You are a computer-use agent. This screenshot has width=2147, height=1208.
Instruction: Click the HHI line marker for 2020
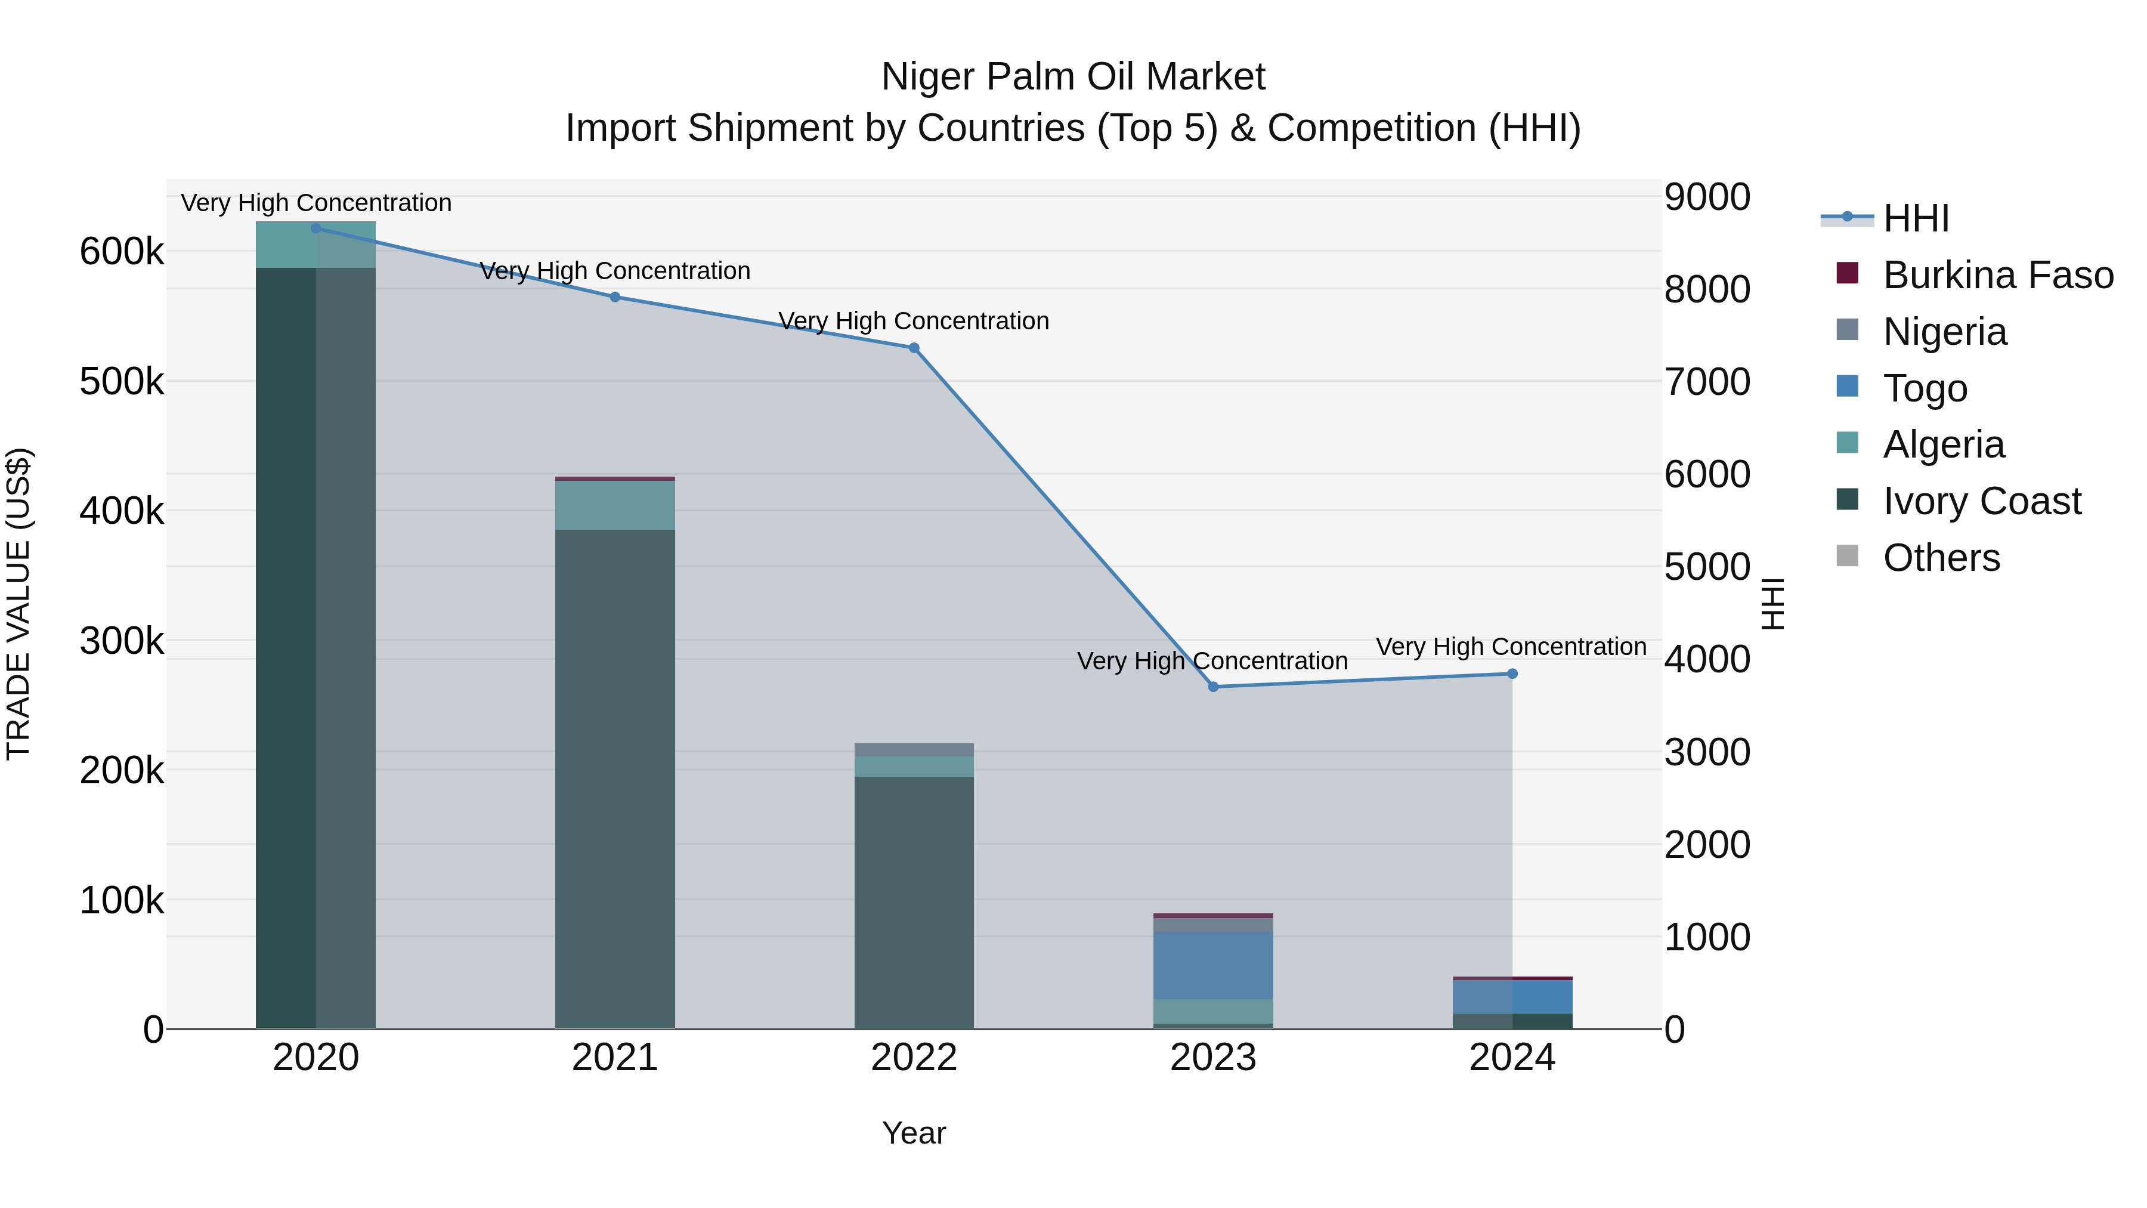pyautogui.click(x=316, y=228)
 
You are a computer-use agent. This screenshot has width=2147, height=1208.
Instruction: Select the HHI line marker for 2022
pyautogui.click(x=914, y=348)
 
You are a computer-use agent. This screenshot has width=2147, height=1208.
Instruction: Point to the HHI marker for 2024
pyautogui.click(x=1512, y=673)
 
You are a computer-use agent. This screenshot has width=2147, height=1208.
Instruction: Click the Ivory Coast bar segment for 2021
pyautogui.click(x=615, y=776)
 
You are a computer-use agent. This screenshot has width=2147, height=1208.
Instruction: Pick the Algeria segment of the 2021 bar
pyautogui.click(x=615, y=505)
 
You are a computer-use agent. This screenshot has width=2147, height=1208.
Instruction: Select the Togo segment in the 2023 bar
pyautogui.click(x=1214, y=965)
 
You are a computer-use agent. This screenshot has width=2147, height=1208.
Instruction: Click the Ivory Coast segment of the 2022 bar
pyautogui.click(x=914, y=900)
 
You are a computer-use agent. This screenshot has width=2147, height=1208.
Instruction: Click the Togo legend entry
pyautogui.click(x=1925, y=388)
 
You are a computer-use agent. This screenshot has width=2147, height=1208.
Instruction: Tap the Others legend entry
pyautogui.click(x=1941, y=558)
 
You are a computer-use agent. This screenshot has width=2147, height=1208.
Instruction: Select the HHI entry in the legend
pyautogui.click(x=1915, y=218)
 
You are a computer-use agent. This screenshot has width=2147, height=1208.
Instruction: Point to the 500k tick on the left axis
pyautogui.click(x=122, y=382)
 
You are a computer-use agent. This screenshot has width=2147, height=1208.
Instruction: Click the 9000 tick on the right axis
pyautogui.click(x=1707, y=197)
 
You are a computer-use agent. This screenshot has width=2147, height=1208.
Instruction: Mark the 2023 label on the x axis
pyautogui.click(x=1214, y=1058)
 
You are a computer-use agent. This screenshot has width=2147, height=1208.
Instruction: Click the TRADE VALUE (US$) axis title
pyautogui.click(x=19, y=604)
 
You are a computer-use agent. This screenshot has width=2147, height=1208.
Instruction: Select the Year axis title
pyautogui.click(x=914, y=1133)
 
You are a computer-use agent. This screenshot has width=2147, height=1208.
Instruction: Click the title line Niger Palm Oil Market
pyautogui.click(x=1073, y=77)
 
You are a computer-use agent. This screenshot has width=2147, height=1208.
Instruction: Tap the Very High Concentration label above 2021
pyautogui.click(x=615, y=271)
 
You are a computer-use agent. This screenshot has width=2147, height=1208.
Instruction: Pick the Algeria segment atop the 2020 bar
pyautogui.click(x=316, y=245)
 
